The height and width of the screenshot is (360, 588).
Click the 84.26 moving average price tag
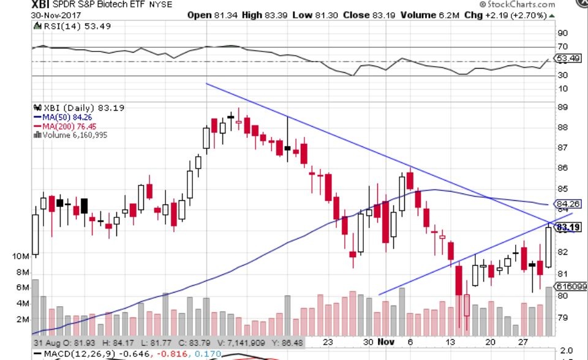click(x=567, y=204)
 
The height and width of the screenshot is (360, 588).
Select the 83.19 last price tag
click(x=567, y=228)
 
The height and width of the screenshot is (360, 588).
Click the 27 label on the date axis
click(x=522, y=342)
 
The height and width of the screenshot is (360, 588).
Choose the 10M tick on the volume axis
click(x=21, y=256)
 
